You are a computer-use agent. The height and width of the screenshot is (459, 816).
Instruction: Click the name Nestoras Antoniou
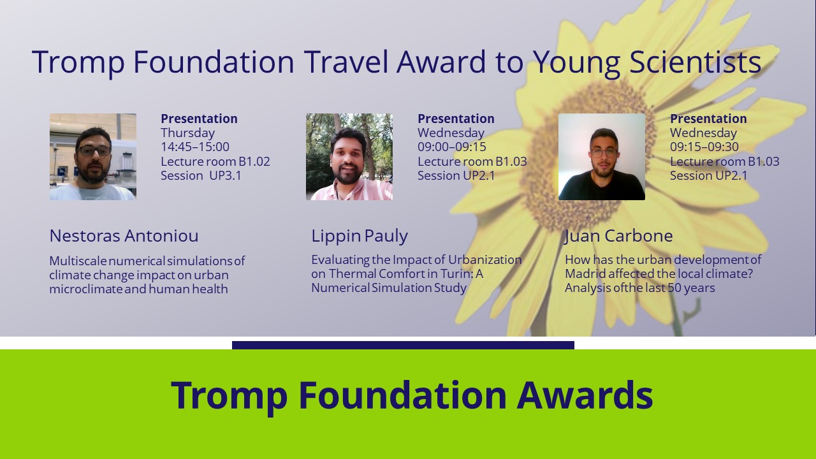[x=124, y=236]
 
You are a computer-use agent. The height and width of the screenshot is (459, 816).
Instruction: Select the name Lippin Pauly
[x=359, y=236]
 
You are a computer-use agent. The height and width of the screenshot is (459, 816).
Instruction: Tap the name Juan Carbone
[x=618, y=236]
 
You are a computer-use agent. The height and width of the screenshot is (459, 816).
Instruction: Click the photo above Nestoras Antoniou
[x=93, y=157]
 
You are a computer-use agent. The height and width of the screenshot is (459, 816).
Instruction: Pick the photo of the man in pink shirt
[x=349, y=157]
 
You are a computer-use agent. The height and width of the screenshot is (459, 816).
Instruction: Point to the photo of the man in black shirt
[x=601, y=157]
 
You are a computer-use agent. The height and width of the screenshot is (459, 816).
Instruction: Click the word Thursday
[x=187, y=133]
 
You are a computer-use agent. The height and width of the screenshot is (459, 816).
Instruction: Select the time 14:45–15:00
[x=195, y=147]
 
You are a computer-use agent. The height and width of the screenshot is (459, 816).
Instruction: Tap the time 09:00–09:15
[x=452, y=147]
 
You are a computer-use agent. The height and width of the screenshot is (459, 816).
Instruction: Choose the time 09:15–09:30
[x=704, y=147]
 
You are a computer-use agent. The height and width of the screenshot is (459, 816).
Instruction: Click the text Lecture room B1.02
[x=215, y=161]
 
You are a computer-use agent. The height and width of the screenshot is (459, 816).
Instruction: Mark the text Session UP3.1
[x=201, y=175]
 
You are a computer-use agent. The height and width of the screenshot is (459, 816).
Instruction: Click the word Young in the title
[x=576, y=62]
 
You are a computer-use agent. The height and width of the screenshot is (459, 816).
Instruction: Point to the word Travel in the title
[x=346, y=62]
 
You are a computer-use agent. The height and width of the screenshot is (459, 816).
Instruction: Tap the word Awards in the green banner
[x=585, y=395]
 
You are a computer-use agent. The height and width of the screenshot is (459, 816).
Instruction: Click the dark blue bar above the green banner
[x=403, y=345]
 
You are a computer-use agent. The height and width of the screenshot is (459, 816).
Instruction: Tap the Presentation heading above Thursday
[x=200, y=119]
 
